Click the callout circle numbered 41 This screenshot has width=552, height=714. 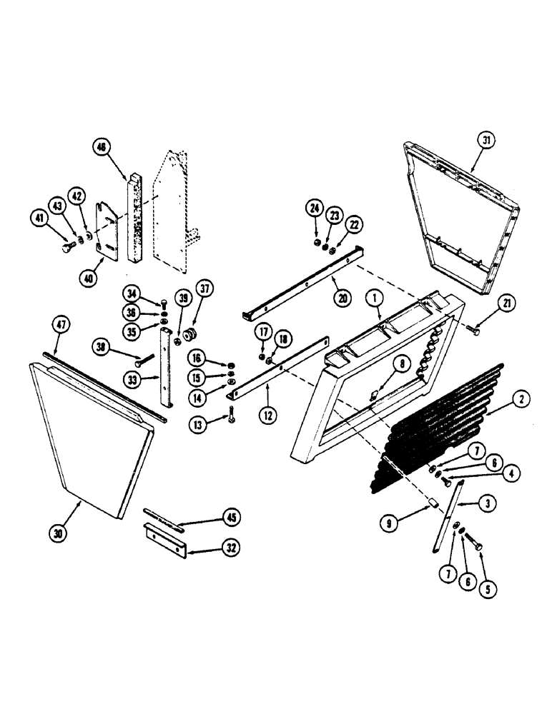(x=39, y=218)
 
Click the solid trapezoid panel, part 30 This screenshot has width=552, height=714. (x=93, y=436)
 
